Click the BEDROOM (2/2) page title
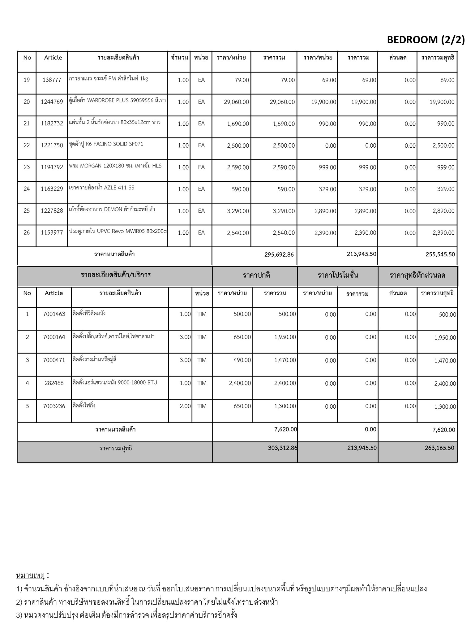click(426, 40)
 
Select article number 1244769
click(52, 102)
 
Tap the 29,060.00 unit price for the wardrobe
click(236, 102)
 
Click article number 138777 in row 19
click(52, 80)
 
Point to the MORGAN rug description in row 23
click(115, 166)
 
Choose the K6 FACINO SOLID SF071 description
click(106, 144)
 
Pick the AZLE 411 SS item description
click(102, 188)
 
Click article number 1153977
click(52, 233)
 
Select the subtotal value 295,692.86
click(279, 254)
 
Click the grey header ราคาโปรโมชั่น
click(338, 275)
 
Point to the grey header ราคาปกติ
click(256, 275)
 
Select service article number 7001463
click(54, 314)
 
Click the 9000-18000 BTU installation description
click(115, 383)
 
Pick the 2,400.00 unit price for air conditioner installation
click(240, 383)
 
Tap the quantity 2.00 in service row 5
click(185, 406)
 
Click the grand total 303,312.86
click(282, 448)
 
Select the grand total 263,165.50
click(439, 448)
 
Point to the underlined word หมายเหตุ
click(30, 576)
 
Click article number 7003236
click(54, 406)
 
